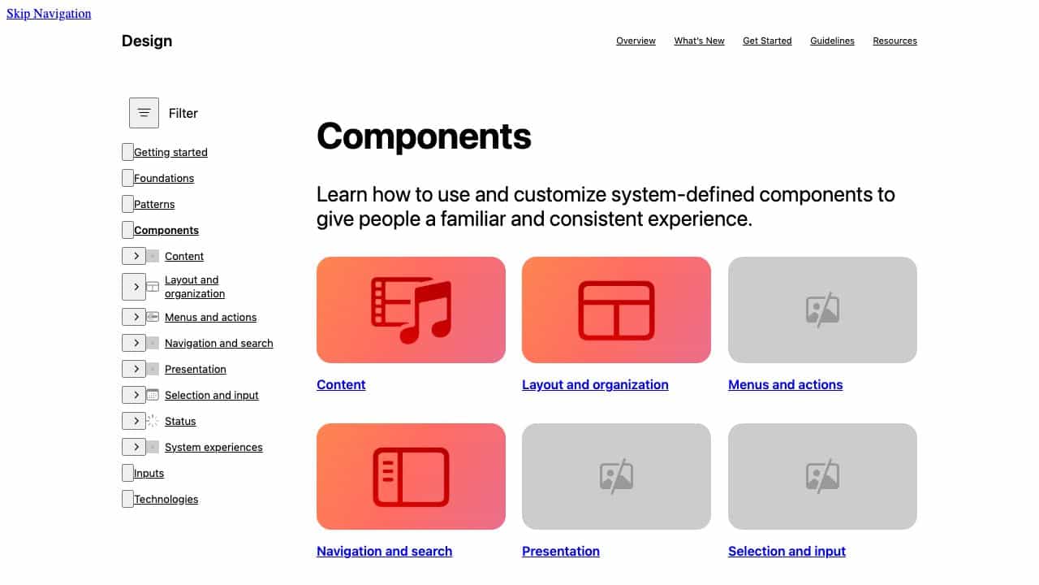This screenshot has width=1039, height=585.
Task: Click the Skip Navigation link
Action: point(49,14)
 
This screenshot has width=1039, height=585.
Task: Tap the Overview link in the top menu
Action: point(636,41)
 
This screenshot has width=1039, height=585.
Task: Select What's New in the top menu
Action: point(699,41)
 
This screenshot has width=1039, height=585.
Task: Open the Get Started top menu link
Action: point(767,41)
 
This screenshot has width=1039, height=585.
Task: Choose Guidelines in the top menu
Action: point(832,41)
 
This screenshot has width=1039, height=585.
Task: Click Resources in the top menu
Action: point(895,41)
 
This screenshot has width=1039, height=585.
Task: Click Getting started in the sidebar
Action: point(170,152)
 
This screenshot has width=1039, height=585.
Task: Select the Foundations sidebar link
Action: point(164,178)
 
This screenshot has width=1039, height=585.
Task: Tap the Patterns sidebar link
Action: point(154,204)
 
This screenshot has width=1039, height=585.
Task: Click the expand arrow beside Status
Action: point(134,421)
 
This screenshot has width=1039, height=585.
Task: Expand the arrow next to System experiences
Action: point(134,447)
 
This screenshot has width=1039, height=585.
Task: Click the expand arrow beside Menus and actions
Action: point(134,317)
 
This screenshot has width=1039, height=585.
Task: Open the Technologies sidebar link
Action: point(166,499)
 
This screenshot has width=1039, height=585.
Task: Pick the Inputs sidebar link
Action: point(149,473)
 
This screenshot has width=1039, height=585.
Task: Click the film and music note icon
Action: point(411,310)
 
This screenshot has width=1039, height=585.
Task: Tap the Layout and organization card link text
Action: point(595,384)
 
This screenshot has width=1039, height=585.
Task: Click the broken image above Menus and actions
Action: point(822,310)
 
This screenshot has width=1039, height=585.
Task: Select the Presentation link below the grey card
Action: point(560,551)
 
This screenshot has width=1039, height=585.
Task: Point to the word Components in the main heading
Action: point(424,136)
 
